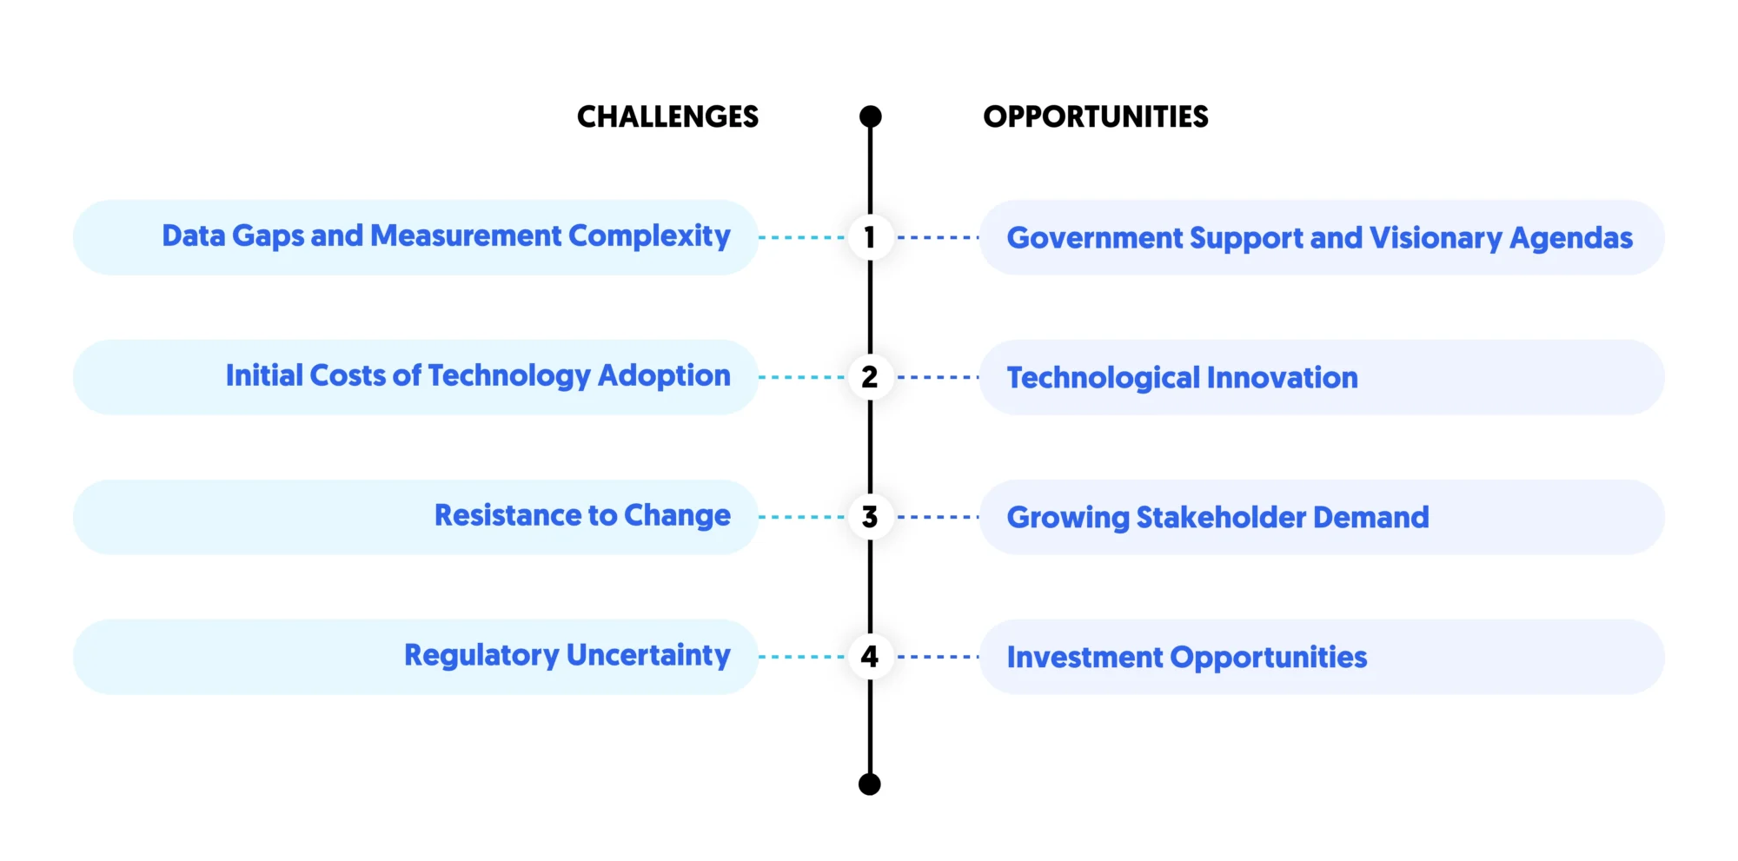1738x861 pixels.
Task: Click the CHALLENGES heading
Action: click(667, 116)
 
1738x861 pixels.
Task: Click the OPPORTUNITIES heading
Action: click(1095, 116)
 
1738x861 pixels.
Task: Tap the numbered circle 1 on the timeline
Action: click(870, 237)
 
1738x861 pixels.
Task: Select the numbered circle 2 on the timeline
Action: click(870, 377)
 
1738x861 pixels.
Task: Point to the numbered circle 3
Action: click(870, 517)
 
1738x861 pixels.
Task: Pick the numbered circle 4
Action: click(870, 657)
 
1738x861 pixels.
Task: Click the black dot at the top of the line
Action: click(870, 116)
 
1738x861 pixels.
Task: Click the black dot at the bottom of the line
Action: click(870, 784)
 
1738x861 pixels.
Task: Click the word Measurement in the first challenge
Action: click(466, 235)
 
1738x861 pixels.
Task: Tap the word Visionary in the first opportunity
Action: click(1436, 238)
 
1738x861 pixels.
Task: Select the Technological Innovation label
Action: click(1182, 378)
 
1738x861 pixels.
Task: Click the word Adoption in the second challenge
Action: click(664, 375)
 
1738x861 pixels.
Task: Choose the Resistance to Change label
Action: click(582, 515)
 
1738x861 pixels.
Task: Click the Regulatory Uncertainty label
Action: click(567, 655)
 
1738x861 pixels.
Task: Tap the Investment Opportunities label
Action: click(1186, 658)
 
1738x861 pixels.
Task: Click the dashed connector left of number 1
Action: click(801, 237)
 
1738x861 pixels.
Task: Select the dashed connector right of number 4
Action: click(938, 657)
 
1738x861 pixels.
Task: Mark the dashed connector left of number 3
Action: click(801, 517)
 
